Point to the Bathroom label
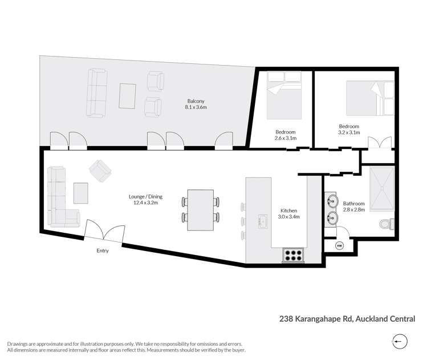pyautogui.click(x=353, y=207)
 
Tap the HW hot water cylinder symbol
pyautogui.click(x=339, y=246)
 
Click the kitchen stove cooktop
pyautogui.click(x=293, y=255)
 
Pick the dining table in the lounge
pyautogui.click(x=200, y=209)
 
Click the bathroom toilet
pyautogui.click(x=387, y=224)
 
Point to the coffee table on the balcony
pyautogui.click(x=128, y=95)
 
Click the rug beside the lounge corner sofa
pyautogui.click(x=81, y=193)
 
